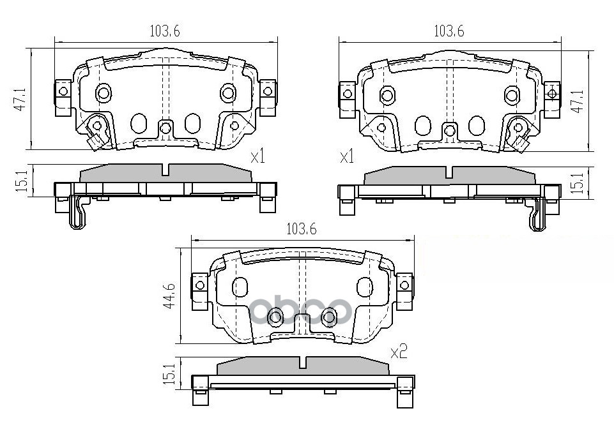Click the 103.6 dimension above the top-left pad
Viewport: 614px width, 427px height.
click(164, 29)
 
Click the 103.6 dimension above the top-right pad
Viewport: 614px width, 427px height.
click(449, 30)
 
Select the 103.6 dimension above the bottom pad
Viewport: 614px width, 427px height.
click(301, 228)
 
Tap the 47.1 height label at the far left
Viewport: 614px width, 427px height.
click(20, 100)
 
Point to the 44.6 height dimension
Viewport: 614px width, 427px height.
click(169, 296)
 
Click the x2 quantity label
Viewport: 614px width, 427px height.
click(398, 352)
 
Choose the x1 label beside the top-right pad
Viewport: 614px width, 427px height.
click(347, 157)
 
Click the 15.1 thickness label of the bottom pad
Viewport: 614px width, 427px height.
click(169, 373)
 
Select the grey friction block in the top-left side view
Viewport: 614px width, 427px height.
click(165, 173)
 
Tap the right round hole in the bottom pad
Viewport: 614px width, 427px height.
click(329, 315)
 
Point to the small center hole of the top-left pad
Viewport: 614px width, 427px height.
click(165, 128)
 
